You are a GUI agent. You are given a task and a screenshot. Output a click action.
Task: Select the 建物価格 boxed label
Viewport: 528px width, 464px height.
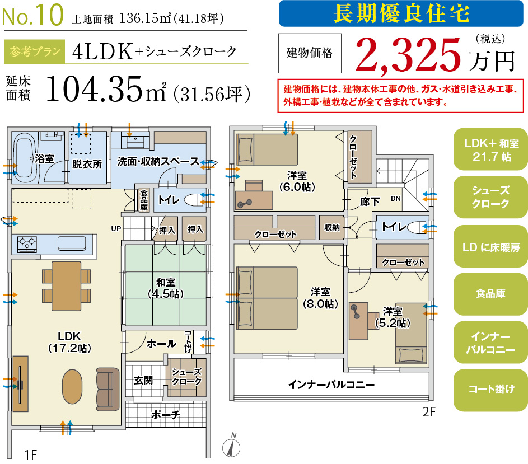(309, 53)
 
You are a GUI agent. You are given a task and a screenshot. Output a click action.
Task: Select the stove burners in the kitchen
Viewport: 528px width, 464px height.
(27, 243)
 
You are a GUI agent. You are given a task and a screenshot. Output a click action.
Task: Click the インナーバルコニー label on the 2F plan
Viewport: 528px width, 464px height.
(331, 385)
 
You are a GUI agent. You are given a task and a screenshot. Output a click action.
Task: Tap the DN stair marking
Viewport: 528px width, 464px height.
(396, 198)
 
